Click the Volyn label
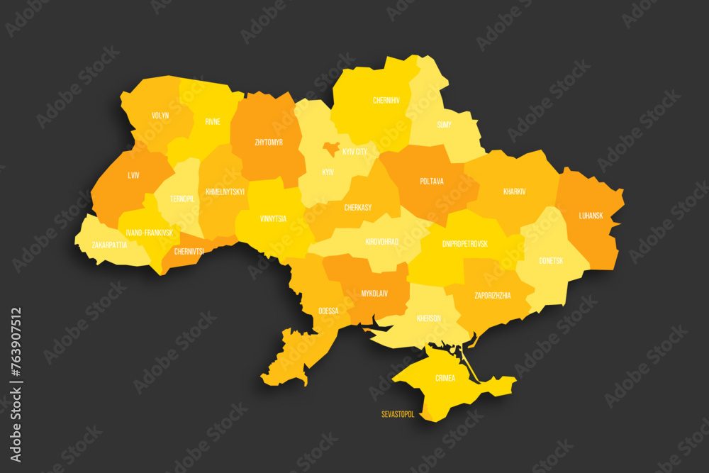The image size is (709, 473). click(160, 115)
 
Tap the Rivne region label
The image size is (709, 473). click(213, 121)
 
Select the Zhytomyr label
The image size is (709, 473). click(269, 142)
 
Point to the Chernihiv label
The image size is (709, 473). click(386, 101)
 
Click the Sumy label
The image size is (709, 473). click(444, 124)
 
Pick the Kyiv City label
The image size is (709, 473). click(354, 152)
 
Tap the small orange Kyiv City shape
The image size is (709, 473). click(330, 148)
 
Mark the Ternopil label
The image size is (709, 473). click(182, 199)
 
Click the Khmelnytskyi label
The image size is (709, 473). click(225, 191)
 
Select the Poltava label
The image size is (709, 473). click(432, 182)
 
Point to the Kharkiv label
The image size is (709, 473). click(514, 191)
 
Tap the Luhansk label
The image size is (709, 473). click(591, 215)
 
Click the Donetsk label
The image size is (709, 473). click(550, 260)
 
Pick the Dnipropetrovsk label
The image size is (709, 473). click(464, 243)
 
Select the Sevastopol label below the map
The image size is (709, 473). click(398, 414)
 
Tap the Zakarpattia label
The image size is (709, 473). click(110, 245)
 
